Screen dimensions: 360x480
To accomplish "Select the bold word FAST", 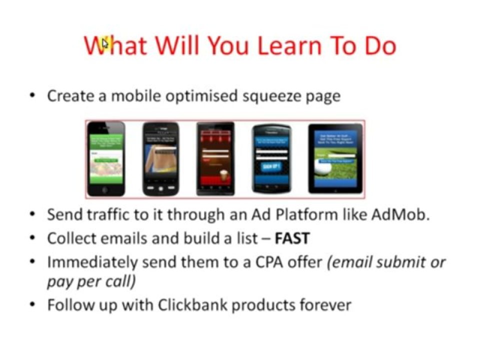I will click(292, 238).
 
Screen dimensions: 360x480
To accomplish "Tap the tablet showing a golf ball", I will click(335, 158).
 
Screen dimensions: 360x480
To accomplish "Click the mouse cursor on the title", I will click(104, 43).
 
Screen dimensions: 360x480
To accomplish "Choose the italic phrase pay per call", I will click(91, 281).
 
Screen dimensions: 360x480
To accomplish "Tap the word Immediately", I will click(92, 261).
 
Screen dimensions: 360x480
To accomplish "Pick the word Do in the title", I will click(379, 45).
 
